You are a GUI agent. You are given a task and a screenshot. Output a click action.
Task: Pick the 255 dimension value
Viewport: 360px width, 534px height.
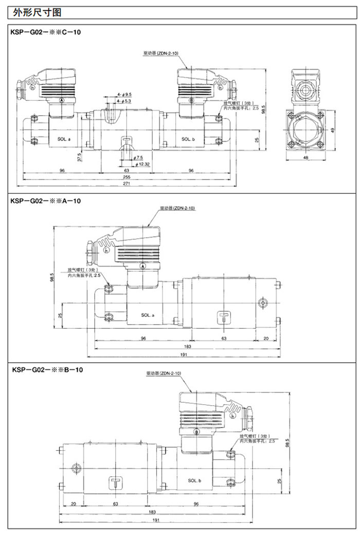127,176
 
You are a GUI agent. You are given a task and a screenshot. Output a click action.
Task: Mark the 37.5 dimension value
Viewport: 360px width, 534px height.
79,156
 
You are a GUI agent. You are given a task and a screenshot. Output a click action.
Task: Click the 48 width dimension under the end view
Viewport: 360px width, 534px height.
306,157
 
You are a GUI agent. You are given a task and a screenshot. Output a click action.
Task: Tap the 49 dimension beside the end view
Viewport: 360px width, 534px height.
333,130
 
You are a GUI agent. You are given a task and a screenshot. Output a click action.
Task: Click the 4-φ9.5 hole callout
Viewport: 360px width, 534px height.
125,95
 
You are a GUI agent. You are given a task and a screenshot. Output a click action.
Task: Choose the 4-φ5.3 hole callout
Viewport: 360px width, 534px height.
125,102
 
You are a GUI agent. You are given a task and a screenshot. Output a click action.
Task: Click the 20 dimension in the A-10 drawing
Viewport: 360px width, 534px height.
266,338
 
